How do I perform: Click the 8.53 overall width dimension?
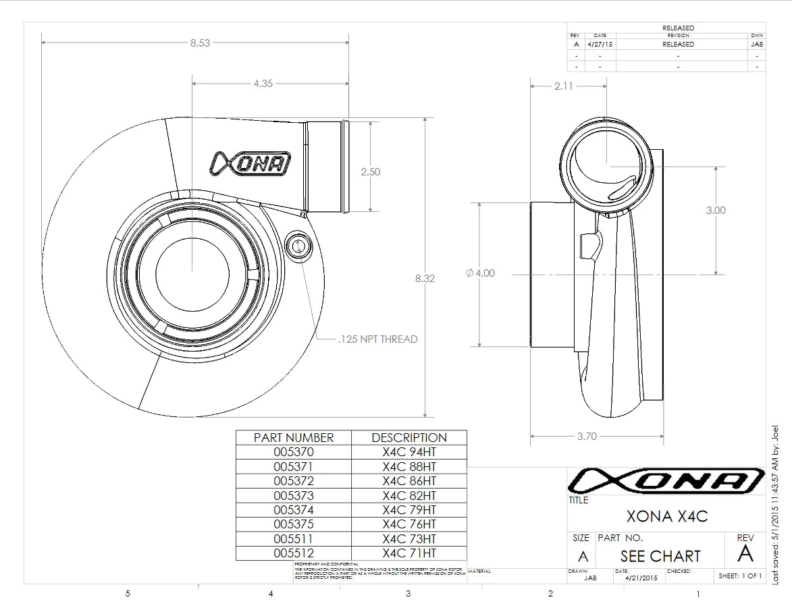pyautogui.click(x=200, y=43)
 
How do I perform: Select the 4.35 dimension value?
pyautogui.click(x=263, y=84)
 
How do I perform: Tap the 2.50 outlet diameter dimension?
pyautogui.click(x=370, y=171)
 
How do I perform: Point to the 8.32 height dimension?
pyautogui.click(x=424, y=278)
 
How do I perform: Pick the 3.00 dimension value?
pyautogui.click(x=716, y=211)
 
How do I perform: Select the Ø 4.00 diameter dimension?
pyautogui.click(x=480, y=273)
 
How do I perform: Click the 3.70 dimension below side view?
pyautogui.click(x=587, y=436)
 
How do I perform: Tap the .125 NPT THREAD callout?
pyautogui.click(x=377, y=339)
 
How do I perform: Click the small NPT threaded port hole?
pyautogui.click(x=296, y=246)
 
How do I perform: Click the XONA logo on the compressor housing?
pyautogui.click(x=251, y=163)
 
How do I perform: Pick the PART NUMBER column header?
pyautogui.click(x=294, y=437)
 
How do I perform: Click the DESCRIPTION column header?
pyautogui.click(x=409, y=437)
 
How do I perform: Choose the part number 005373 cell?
pyautogui.click(x=294, y=495)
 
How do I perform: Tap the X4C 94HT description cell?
pyautogui.click(x=409, y=452)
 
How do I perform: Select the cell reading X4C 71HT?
pyautogui.click(x=409, y=553)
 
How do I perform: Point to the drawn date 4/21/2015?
pyautogui.click(x=641, y=578)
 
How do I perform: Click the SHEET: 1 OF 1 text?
pyautogui.click(x=740, y=576)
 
